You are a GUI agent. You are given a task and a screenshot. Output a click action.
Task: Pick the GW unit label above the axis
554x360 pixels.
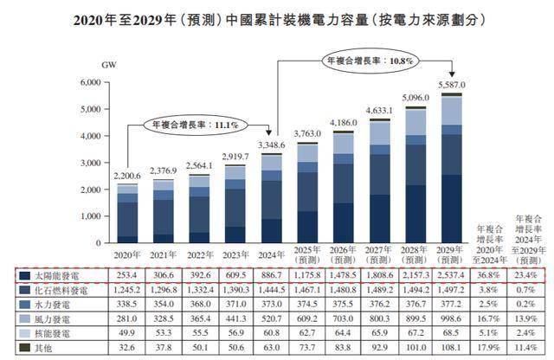point(109,65)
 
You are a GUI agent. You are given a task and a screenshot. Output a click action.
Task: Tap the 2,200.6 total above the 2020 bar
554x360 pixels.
point(128,176)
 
